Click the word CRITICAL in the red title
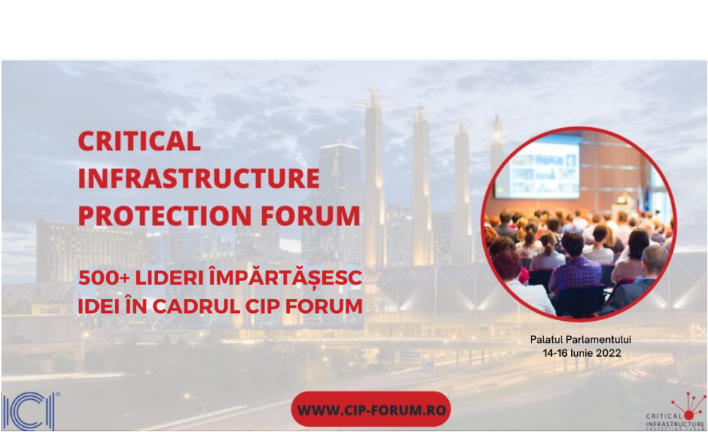(140, 140)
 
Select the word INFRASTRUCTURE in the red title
(199, 178)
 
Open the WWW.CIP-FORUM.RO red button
(371, 409)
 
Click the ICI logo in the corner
(29, 410)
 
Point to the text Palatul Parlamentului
(581, 340)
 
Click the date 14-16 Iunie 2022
(581, 353)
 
